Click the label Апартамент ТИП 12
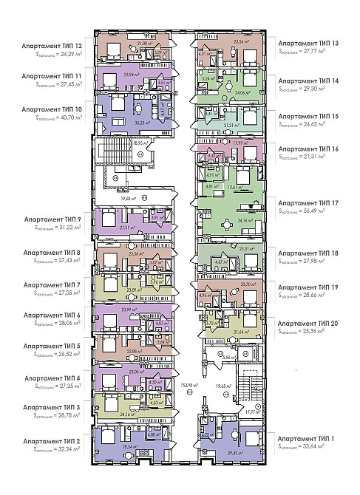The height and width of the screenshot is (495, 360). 52,45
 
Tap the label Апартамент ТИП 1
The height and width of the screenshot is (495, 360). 309,437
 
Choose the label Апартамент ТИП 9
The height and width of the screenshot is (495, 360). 53,219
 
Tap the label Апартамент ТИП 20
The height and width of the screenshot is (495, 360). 309,322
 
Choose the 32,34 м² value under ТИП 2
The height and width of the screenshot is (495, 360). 64,449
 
